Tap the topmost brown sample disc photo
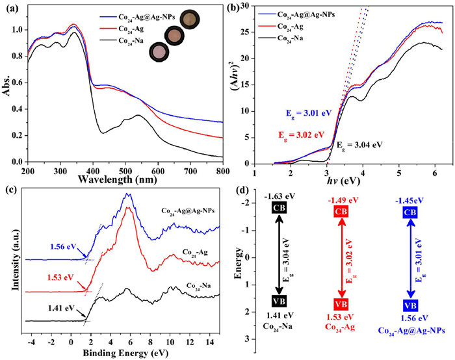190,19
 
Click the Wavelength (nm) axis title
118,179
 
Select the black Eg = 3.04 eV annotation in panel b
359,144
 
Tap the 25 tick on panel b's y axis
245,32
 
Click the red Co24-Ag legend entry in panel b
290,27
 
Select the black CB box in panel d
279,207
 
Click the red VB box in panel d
341,304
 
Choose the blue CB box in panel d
409,212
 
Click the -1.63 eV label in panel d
279,196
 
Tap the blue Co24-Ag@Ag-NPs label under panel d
411,331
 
